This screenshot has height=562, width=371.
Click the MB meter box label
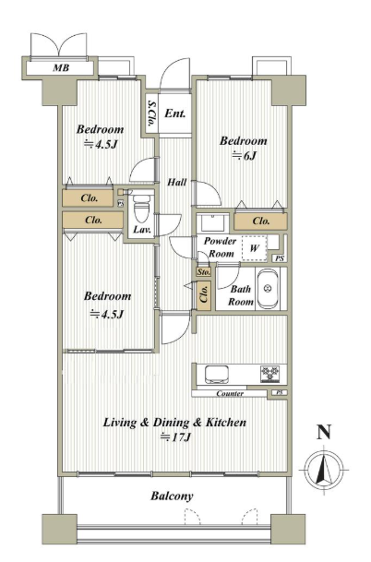click(61, 67)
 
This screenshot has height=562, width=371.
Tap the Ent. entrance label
click(175, 114)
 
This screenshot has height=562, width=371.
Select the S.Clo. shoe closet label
click(151, 114)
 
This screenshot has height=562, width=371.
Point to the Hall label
click(177, 183)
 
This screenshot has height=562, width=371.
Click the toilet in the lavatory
click(141, 209)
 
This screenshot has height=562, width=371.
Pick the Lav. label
click(142, 230)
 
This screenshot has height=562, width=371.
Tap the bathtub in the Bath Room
click(268, 289)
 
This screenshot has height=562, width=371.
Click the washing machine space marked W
click(254, 247)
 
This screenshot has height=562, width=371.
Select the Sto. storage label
click(204, 272)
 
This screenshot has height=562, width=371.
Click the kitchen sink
click(217, 374)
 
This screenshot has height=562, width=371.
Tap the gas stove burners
click(269, 374)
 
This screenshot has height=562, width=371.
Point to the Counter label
click(230, 393)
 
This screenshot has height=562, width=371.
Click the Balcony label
click(172, 496)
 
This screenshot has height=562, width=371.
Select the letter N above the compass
click(324, 432)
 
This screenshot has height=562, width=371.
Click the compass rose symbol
click(324, 469)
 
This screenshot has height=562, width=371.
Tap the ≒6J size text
click(245, 156)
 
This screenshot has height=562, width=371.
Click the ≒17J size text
click(175, 437)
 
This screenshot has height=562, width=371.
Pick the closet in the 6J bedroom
click(260, 221)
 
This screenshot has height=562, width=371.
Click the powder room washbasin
click(213, 222)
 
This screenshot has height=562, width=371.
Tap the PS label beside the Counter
click(280, 393)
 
